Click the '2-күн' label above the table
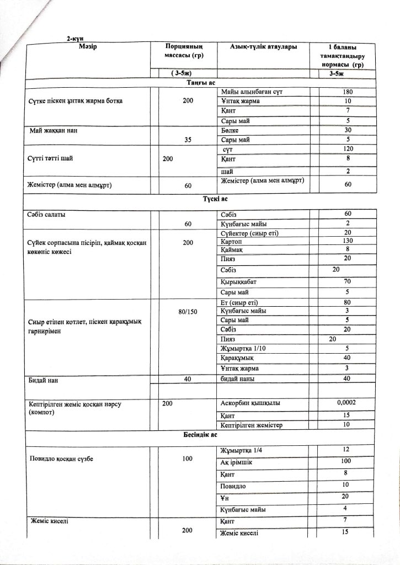(x=75, y=38)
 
